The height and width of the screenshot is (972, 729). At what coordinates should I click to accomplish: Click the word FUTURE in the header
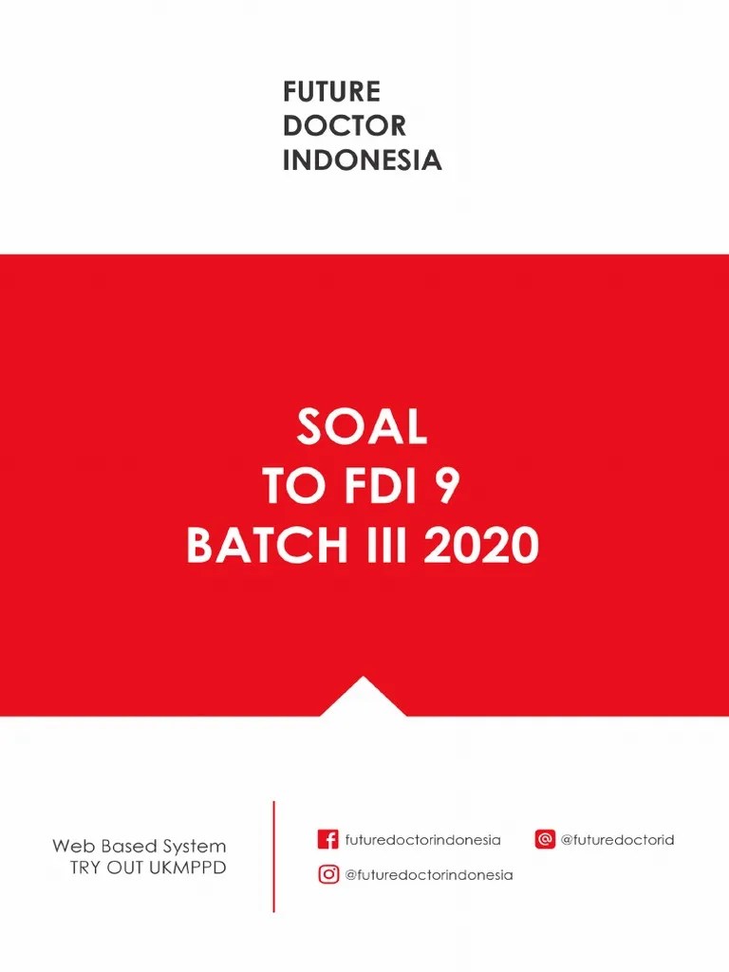[x=331, y=92]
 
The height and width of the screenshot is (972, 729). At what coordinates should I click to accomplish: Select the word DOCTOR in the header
[x=345, y=125]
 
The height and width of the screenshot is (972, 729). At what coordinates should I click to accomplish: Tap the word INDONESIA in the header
[x=362, y=159]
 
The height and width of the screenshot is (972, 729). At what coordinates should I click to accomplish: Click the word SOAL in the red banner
[x=362, y=427]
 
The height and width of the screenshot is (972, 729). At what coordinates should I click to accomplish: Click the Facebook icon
[x=327, y=840]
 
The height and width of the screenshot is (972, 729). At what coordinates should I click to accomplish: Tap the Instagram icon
[x=328, y=874]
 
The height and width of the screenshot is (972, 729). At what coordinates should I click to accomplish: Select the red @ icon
[x=545, y=840]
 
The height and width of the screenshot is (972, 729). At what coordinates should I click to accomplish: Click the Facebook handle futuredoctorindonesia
[x=422, y=840]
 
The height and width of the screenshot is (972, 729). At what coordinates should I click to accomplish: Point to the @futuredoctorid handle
[x=617, y=840]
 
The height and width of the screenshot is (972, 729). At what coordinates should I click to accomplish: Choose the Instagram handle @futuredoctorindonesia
[x=428, y=875]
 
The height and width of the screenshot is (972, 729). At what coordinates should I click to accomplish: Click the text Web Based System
[x=139, y=846]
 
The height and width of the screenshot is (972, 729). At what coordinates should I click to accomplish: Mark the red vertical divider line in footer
[x=273, y=856]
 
